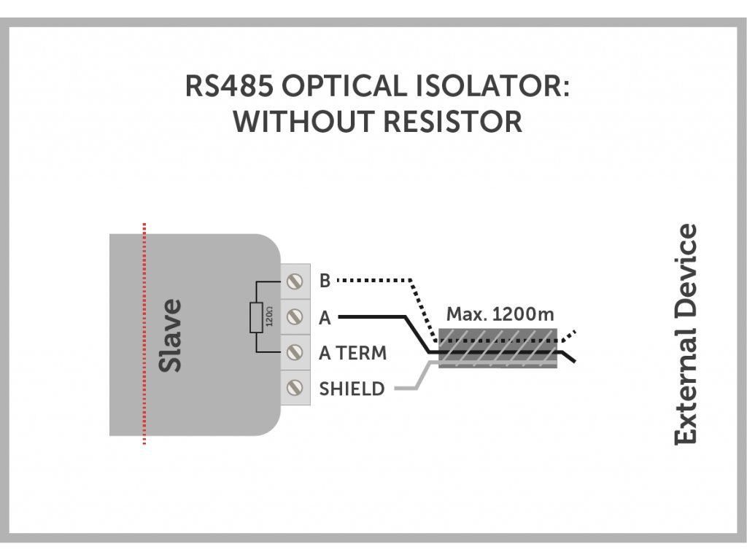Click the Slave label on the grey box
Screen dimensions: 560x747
coord(171,335)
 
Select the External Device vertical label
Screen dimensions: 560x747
coord(686,335)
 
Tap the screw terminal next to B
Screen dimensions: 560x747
coord(295,281)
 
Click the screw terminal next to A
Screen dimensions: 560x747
coord(295,317)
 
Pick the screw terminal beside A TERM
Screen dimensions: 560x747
coord(295,353)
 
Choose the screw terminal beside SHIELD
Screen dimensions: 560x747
coord(295,389)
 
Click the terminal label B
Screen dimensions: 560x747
coord(325,281)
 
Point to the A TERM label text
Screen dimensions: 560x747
coord(352,353)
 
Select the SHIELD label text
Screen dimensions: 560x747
coord(352,389)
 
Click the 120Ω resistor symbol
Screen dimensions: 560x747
coord(256,318)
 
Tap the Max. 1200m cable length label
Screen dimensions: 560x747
coord(500,315)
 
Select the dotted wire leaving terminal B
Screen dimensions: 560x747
coord(376,280)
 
